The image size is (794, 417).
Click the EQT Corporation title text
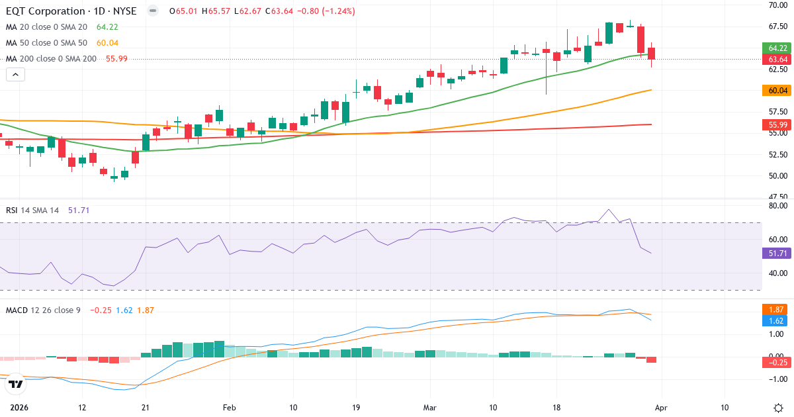point(46,11)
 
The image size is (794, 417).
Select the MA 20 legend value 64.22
point(107,27)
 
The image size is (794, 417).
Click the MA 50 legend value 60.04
point(107,43)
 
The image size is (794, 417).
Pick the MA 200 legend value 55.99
point(116,59)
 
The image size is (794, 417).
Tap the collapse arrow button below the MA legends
point(15,75)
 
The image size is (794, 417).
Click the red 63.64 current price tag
point(777,60)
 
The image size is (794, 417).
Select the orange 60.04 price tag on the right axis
point(777,90)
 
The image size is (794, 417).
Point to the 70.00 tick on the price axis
point(777,5)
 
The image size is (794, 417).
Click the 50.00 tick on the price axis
point(777,176)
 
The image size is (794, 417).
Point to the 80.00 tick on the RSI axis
point(777,206)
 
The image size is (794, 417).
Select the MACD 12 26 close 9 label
point(43,310)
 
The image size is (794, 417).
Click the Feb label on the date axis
point(229,407)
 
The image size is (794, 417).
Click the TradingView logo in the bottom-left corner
point(16,383)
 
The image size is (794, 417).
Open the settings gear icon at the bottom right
point(778,407)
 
